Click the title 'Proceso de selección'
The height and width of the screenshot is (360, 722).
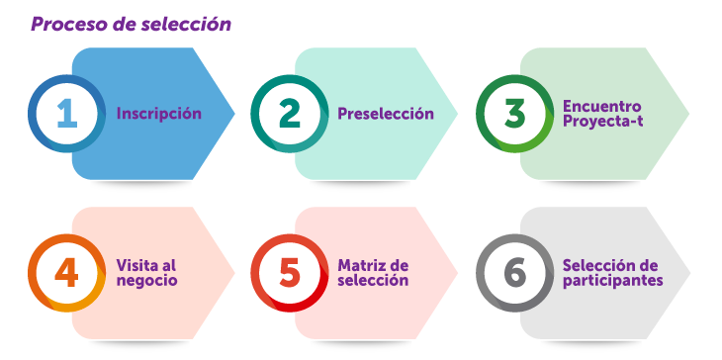131,24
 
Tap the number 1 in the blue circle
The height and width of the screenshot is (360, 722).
66,114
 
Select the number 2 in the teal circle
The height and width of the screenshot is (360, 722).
289,114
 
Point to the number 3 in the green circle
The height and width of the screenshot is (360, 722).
514,114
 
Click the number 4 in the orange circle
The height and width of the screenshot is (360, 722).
66,272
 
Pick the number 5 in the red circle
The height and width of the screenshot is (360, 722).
289,272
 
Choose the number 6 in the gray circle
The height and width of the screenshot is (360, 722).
514,272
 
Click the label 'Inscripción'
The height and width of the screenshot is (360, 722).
158,114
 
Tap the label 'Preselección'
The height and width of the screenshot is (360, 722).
385,114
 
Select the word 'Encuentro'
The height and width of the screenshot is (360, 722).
601,106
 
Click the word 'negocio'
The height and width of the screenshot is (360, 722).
146,281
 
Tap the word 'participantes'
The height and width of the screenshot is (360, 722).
612,281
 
